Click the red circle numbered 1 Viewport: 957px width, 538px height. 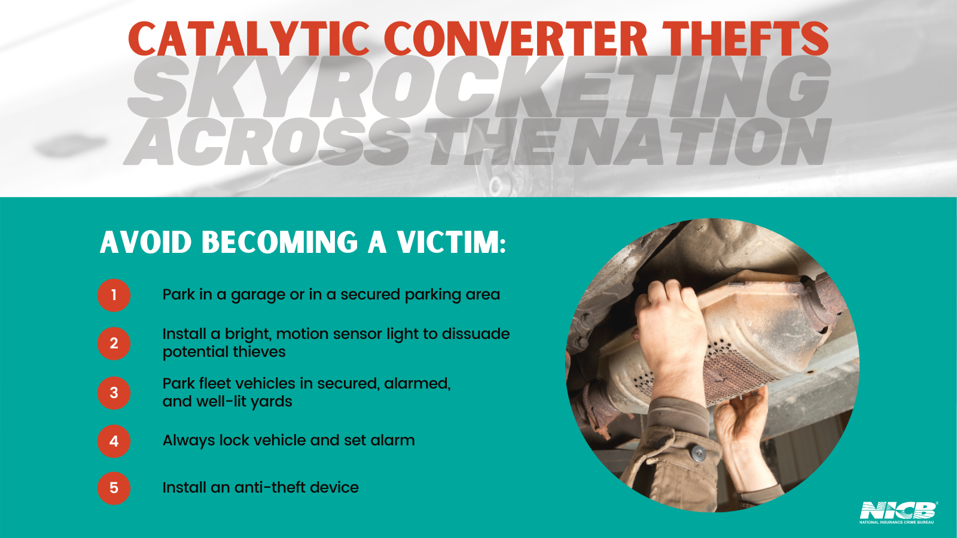[114, 295]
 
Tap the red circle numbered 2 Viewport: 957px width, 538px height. [114, 343]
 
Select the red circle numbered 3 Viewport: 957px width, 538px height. [114, 393]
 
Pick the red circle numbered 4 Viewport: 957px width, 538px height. [114, 441]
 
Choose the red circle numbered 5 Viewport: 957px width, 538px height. [114, 488]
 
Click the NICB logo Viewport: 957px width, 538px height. [898, 512]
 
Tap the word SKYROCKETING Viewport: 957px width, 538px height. [478, 88]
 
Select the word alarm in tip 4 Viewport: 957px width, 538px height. [392, 441]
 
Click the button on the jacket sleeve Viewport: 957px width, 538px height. [697, 454]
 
